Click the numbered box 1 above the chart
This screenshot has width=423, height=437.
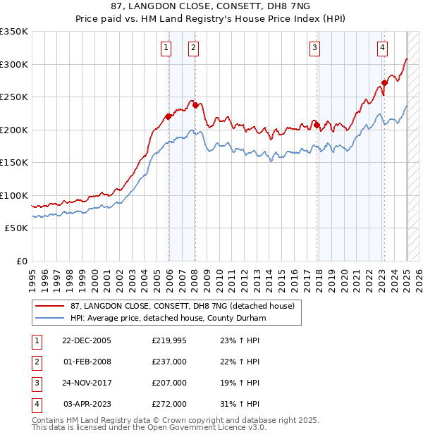166,48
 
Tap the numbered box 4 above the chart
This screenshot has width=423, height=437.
381,48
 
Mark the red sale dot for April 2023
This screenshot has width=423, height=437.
384,82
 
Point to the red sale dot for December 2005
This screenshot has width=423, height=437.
168,117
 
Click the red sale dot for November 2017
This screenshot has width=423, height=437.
317,125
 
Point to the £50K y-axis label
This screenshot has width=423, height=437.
16,228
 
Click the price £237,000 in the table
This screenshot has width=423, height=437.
169,362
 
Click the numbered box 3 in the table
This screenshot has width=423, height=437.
36,383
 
